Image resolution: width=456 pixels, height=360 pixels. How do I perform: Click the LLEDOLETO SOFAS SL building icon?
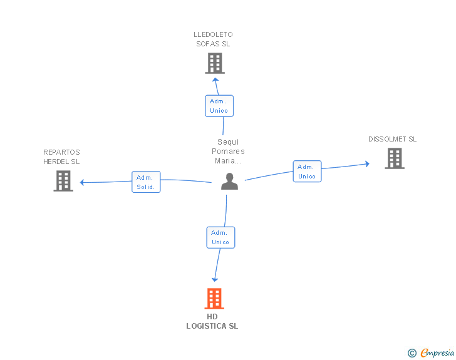(x=214, y=63)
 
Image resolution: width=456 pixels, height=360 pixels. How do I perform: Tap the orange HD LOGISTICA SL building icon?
(x=214, y=299)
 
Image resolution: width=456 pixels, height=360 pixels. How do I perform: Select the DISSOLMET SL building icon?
(x=394, y=158)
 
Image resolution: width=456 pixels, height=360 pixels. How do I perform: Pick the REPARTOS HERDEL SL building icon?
(x=63, y=181)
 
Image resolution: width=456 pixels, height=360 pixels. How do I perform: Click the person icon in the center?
(x=229, y=182)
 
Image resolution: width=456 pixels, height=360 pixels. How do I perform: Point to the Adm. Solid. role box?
(x=146, y=182)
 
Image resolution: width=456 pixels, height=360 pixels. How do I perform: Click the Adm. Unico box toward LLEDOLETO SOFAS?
(x=219, y=106)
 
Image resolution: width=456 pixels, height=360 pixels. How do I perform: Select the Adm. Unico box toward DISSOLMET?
(x=307, y=172)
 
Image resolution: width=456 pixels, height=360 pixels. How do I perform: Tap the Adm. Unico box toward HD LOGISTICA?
(x=220, y=237)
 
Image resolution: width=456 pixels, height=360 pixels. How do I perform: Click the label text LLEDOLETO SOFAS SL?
(x=213, y=39)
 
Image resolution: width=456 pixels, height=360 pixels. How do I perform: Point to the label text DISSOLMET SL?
(x=392, y=140)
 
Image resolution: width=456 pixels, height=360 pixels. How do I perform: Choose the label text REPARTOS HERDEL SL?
(x=61, y=157)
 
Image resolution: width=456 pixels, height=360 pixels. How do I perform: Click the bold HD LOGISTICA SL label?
(x=212, y=321)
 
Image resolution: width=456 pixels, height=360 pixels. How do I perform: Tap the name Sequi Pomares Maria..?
(x=228, y=152)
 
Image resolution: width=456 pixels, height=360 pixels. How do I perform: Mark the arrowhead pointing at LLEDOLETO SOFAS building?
(x=215, y=79)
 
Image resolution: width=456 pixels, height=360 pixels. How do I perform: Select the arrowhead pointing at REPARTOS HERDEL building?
(x=82, y=182)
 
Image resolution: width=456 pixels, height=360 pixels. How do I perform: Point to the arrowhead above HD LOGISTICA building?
(x=215, y=279)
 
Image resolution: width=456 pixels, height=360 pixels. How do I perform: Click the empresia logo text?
(x=437, y=353)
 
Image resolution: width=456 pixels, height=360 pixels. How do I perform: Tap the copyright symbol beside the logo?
(x=412, y=353)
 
